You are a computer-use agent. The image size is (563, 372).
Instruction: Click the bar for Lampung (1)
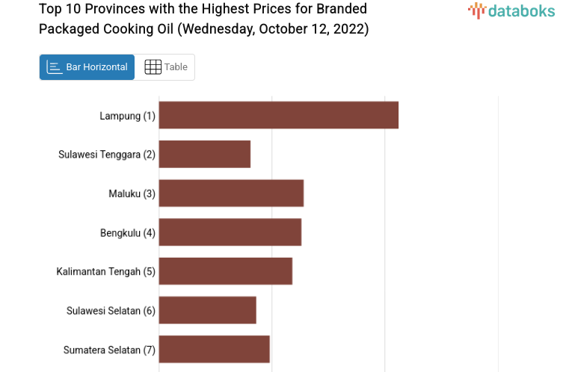(278, 115)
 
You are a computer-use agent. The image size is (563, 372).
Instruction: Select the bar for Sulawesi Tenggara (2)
(204, 154)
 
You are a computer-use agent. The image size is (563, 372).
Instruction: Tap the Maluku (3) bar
(231, 193)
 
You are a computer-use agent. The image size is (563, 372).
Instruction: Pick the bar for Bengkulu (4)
(230, 232)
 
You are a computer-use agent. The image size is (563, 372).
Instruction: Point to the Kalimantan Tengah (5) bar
(225, 270)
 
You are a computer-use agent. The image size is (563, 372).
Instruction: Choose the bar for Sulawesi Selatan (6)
(207, 309)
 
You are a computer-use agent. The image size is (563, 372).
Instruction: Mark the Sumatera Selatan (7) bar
(214, 349)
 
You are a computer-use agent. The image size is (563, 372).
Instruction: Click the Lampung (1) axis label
(127, 116)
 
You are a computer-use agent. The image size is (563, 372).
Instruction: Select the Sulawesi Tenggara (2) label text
(106, 155)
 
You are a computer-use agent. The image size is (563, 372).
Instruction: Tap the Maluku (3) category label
(132, 193)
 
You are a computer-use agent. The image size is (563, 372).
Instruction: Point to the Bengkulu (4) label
(127, 232)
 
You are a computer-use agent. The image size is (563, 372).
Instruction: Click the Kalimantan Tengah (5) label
(105, 271)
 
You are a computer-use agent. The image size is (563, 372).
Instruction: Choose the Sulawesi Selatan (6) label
(111, 310)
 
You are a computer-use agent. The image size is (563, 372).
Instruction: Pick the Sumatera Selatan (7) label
(109, 350)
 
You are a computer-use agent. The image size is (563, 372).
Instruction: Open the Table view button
(165, 67)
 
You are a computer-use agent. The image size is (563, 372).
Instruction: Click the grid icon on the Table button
(153, 67)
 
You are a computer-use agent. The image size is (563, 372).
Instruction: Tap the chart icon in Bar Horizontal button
(55, 67)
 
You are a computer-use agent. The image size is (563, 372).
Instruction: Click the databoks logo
(511, 10)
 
